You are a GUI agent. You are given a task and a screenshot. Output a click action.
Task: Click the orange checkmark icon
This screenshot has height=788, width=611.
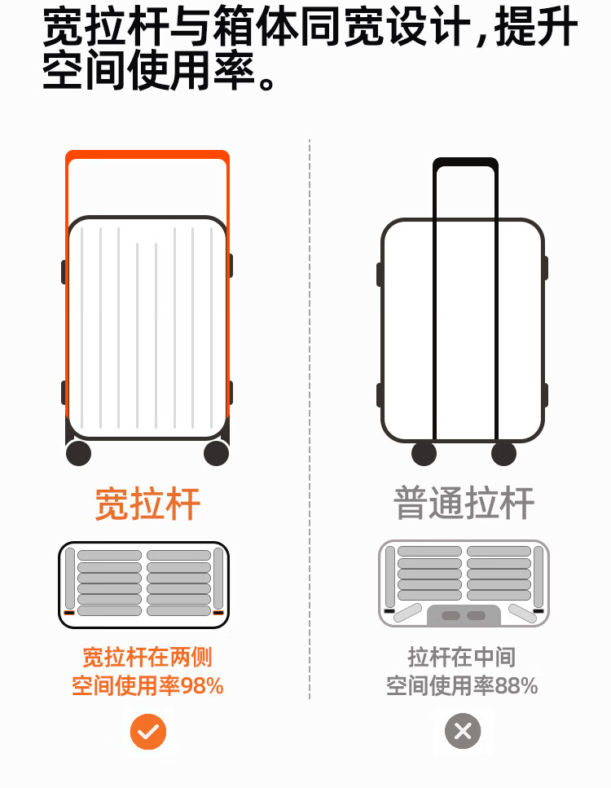pyautogui.click(x=147, y=732)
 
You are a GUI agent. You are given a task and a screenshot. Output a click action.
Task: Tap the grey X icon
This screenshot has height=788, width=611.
pyautogui.click(x=463, y=732)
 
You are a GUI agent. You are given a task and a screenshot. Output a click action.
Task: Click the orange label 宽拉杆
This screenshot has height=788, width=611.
pyautogui.click(x=147, y=504)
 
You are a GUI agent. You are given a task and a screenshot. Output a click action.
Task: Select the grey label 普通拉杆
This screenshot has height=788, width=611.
pyautogui.click(x=464, y=503)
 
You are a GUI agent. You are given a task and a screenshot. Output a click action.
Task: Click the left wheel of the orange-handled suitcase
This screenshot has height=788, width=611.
pyautogui.click(x=78, y=453)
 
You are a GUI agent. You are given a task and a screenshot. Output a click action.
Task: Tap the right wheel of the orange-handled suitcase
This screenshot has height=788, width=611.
pyautogui.click(x=216, y=453)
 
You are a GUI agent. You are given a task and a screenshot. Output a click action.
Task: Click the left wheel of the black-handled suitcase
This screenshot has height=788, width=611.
pyautogui.click(x=424, y=453)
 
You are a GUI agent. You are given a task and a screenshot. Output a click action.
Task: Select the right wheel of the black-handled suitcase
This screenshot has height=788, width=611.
pyautogui.click(x=503, y=453)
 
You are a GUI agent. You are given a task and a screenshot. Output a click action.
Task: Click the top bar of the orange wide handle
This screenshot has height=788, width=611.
pyautogui.click(x=147, y=155)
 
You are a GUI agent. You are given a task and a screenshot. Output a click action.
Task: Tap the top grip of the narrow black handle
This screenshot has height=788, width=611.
pyautogui.click(x=465, y=162)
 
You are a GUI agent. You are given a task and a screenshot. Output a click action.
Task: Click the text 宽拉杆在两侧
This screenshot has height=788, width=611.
pyautogui.click(x=147, y=657)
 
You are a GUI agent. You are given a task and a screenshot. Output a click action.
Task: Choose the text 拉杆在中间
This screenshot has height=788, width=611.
pyautogui.click(x=462, y=657)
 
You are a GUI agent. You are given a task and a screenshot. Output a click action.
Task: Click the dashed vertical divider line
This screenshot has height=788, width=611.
pyautogui.click(x=310, y=407)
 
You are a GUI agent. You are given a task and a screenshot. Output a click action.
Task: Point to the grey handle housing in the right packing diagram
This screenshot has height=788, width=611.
pyautogui.click(x=464, y=615)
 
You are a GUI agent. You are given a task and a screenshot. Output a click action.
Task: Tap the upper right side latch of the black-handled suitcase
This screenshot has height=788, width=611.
pyautogui.click(x=545, y=268)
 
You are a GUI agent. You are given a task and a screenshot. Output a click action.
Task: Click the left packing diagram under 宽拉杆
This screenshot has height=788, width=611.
pyautogui.click(x=143, y=585)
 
